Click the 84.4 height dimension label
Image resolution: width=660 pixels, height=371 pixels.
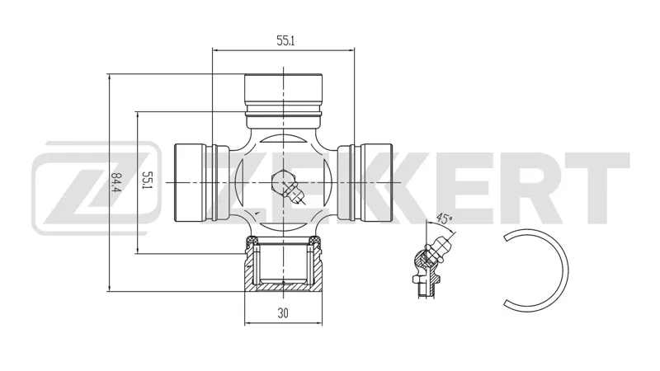point(114,182)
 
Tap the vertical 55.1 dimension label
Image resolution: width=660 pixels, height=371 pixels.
point(146,180)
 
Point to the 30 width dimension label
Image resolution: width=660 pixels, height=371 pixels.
point(283,313)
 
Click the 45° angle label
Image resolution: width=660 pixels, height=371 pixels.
point(444,218)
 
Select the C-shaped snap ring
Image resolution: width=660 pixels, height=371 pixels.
point(564,271)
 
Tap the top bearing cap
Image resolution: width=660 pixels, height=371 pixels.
point(284,101)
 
